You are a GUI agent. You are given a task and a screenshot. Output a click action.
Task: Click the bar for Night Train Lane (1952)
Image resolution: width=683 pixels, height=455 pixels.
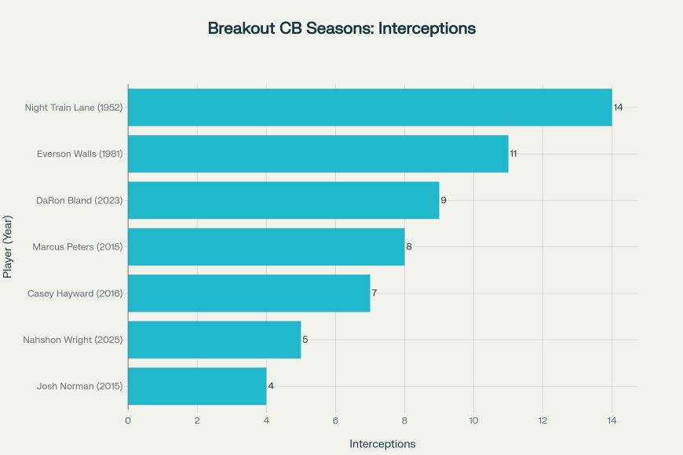370,107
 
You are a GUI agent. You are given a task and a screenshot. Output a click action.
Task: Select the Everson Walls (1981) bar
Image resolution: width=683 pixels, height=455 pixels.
318,154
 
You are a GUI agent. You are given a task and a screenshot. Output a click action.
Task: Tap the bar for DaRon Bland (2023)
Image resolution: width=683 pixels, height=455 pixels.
283,200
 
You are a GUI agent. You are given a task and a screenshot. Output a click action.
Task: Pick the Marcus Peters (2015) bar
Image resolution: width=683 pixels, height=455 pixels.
266,246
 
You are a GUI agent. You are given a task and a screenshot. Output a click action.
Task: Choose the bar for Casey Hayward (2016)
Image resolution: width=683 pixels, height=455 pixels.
249,293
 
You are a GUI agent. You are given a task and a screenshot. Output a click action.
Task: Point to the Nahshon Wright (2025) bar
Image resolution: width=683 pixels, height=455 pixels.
214,340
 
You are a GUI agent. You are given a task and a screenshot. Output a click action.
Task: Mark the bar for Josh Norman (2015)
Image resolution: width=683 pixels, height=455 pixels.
197,386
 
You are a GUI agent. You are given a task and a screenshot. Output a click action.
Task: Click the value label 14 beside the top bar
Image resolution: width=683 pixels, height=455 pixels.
619,107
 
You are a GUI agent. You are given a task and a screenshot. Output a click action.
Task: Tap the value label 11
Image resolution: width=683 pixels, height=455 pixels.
513,154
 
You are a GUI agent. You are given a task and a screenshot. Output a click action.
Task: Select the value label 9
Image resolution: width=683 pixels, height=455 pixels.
444,200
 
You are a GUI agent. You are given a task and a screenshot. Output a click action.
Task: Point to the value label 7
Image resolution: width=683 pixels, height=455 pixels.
374,293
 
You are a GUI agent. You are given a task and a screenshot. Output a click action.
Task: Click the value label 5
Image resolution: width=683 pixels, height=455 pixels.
305,340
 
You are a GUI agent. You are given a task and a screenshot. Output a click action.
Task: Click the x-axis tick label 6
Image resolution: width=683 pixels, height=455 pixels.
335,420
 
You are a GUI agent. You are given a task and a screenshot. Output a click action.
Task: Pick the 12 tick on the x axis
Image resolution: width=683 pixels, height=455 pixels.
542,420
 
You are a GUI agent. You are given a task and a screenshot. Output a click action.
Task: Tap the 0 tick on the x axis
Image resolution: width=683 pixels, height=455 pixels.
128,420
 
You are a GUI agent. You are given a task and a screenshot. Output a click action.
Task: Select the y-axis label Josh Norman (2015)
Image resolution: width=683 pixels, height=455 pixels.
80,386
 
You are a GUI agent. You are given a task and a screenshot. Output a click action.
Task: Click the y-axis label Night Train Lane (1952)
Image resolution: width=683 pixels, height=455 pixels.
74,107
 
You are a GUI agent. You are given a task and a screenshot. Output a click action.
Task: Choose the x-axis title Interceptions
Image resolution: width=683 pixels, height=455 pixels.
382,444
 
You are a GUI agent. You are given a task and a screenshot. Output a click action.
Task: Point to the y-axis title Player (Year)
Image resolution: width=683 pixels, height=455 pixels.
9,246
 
